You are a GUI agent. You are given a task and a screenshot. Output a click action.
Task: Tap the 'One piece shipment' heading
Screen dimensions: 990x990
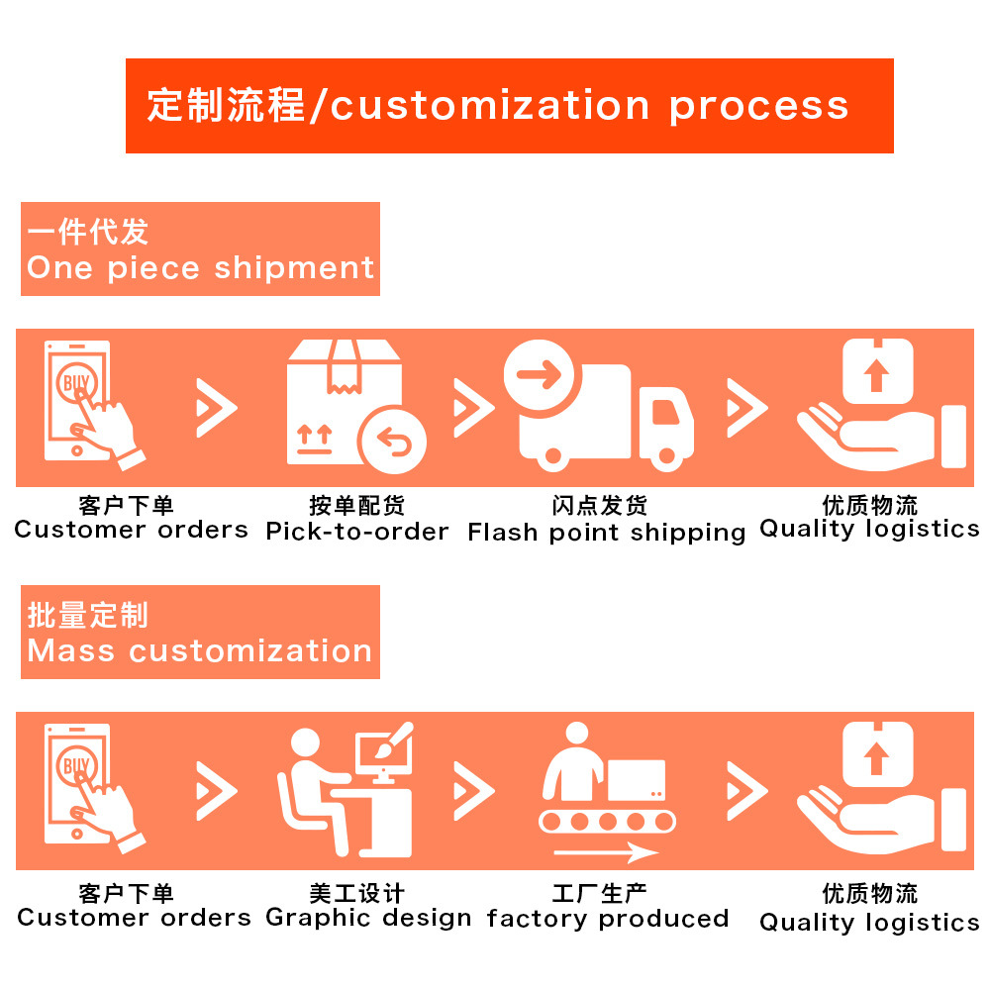click(201, 267)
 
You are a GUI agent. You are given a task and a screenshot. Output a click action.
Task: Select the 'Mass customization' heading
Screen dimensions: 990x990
click(200, 650)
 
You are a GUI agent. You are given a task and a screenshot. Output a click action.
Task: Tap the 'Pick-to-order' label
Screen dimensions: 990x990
click(356, 532)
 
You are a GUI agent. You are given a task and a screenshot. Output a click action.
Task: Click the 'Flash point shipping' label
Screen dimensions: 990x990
click(606, 533)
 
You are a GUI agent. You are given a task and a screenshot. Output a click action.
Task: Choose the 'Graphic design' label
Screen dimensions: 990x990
click(368, 918)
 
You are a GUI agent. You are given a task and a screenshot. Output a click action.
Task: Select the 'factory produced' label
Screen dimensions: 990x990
click(607, 919)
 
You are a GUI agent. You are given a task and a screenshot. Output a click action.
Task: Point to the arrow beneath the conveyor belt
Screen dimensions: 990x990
click(606, 852)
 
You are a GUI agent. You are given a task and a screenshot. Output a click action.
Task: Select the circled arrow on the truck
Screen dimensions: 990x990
click(539, 375)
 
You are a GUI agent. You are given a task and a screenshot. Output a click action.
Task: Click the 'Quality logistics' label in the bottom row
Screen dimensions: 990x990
click(869, 923)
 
